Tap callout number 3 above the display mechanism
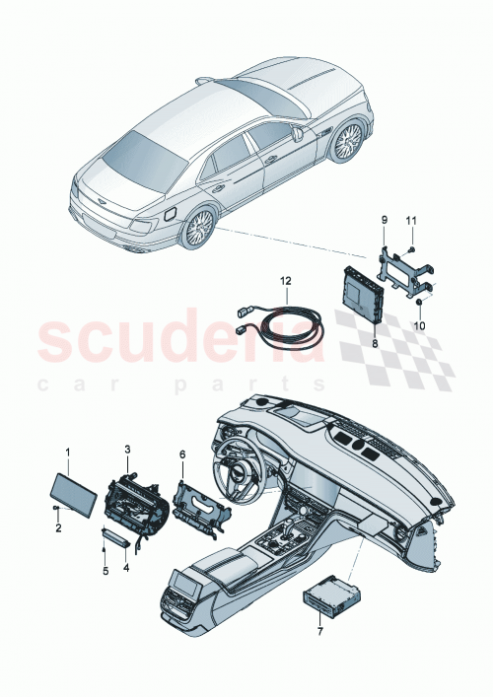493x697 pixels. [126, 450]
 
